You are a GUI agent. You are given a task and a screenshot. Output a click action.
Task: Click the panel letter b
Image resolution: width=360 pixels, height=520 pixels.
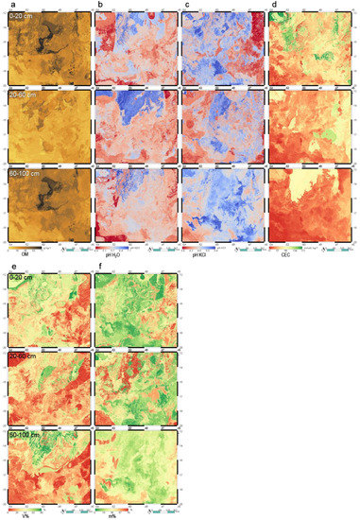(x=97, y=5)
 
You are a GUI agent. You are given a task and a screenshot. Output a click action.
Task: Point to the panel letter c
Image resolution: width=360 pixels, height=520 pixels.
(x=186, y=5)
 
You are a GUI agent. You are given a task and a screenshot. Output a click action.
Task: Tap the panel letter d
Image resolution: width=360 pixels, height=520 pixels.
(x=274, y=5)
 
